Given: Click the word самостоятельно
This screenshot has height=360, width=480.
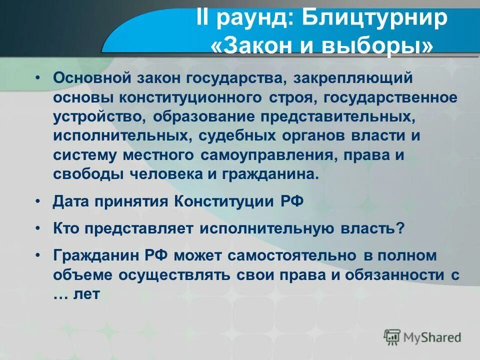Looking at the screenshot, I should pos(292,255).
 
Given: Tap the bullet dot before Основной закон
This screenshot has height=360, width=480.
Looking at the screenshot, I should pos(38,78).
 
